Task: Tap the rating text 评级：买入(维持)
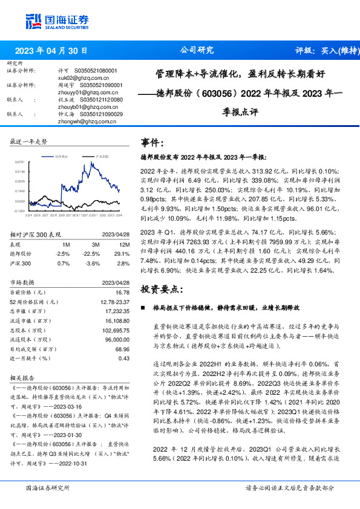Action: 320,51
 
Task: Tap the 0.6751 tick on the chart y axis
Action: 21,163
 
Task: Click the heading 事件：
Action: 152,143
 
